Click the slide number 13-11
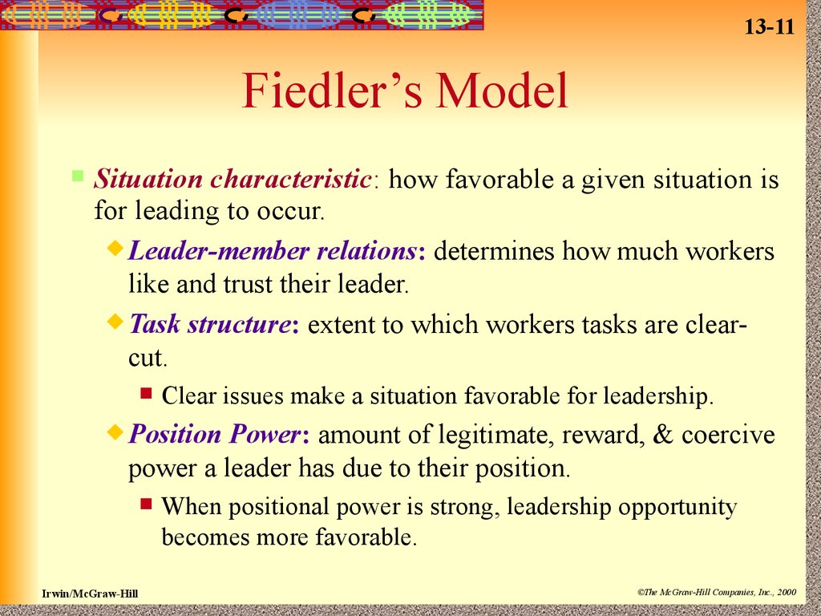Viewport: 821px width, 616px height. (769, 26)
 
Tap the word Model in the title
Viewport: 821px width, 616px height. (503, 90)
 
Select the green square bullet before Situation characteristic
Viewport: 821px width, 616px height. (78, 175)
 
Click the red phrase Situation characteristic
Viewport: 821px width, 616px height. (233, 179)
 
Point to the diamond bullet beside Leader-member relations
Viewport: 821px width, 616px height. (115, 247)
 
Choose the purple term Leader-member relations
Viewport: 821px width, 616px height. (273, 251)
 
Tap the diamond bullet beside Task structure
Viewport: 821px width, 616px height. (115, 321)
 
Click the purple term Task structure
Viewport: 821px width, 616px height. (209, 324)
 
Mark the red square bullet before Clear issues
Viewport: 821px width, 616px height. (146, 392)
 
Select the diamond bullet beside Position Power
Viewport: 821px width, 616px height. (115, 432)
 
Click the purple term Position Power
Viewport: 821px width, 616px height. (215, 435)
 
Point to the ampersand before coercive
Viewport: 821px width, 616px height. (663, 434)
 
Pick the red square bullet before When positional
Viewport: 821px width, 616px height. (146, 504)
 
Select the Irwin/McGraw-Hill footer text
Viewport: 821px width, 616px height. (90, 594)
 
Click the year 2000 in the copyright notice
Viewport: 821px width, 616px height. (787, 593)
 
